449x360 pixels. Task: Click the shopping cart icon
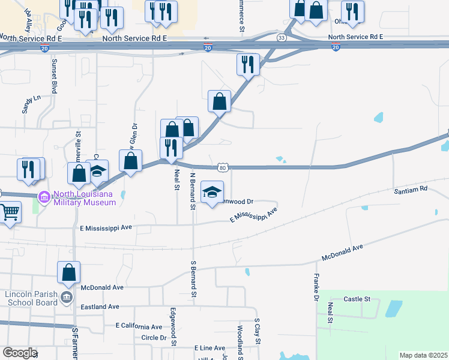tap(10, 212)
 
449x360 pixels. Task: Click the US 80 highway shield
tap(223, 167)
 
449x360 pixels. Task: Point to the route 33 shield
tap(282, 37)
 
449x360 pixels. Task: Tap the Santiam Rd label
tap(410, 189)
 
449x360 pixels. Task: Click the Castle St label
tap(357, 299)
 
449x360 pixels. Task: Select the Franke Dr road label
tap(316, 287)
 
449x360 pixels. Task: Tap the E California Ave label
tap(139, 326)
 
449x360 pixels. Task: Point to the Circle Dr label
tap(154, 338)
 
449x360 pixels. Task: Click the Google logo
tap(19, 353)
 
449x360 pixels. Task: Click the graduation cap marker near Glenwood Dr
tap(211, 192)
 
